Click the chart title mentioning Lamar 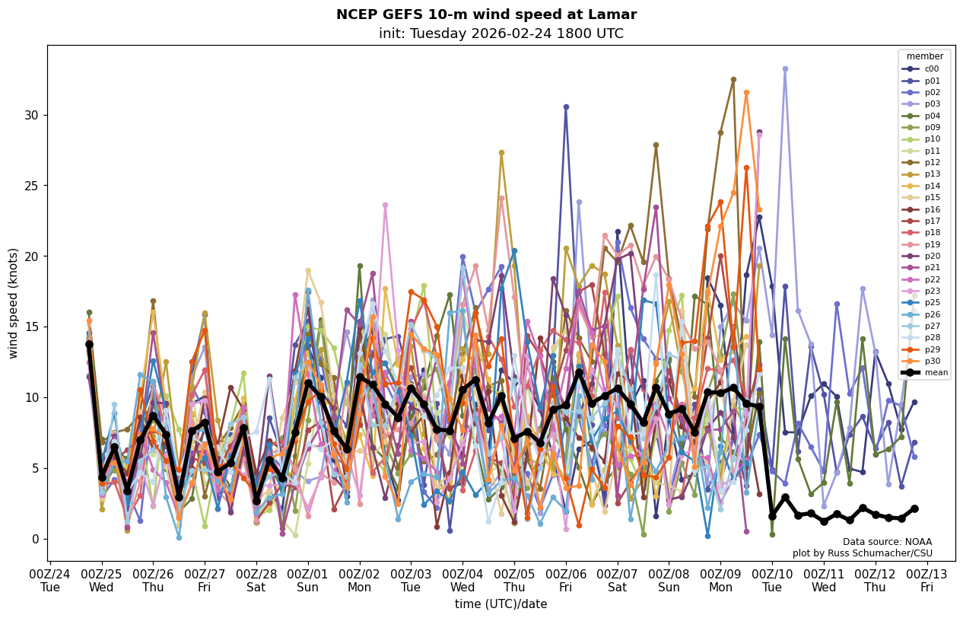pos(486,14)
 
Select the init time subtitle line pos(501,33)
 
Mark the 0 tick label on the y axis pos(33,539)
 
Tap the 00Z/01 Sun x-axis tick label pos(308,580)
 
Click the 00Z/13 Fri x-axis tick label pos(927,580)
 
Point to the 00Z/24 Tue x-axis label pos(50,580)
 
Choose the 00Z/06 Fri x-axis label pos(566,580)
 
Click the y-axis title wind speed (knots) pos(14,303)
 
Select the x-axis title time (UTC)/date pos(501,604)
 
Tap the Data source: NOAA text pos(887,542)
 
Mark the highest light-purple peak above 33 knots pos(785,69)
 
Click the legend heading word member pos(924,56)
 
